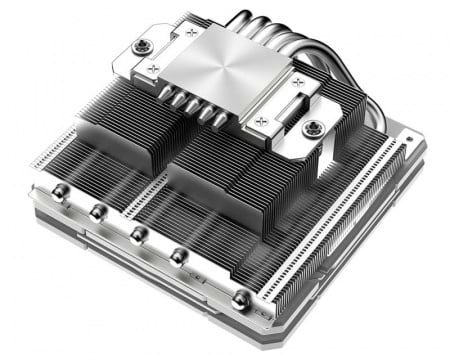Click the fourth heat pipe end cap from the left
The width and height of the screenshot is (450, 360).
point(178,256)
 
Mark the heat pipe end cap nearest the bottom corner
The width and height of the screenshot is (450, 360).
point(241,299)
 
